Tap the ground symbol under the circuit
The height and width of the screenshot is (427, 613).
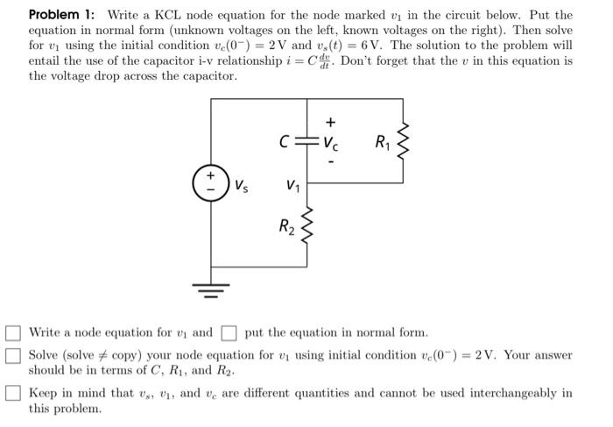coord(211,290)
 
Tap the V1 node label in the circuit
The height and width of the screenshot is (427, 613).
coord(293,186)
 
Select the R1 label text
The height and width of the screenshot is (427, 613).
coord(382,142)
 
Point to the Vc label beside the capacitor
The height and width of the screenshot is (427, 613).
coord(329,143)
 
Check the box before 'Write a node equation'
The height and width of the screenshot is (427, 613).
coord(13,333)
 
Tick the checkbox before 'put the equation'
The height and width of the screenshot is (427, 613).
coord(229,333)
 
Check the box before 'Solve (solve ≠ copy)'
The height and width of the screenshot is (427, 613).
coord(13,356)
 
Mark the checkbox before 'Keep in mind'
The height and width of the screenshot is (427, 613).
coord(13,394)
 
